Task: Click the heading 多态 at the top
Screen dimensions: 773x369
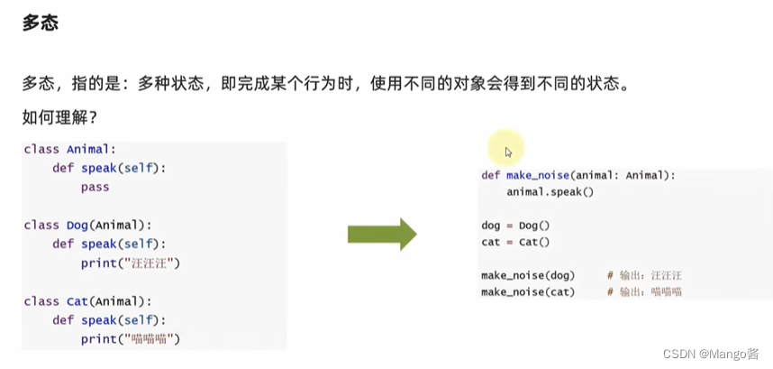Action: pyautogui.click(x=41, y=23)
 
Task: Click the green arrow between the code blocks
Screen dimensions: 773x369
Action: pyautogui.click(x=382, y=234)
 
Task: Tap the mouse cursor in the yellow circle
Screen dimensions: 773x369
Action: pyautogui.click(x=508, y=152)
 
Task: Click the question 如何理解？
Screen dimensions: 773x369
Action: pyautogui.click(x=59, y=117)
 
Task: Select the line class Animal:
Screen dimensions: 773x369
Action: pyautogui.click(x=70, y=149)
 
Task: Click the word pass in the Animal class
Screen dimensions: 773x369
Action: pyautogui.click(x=95, y=187)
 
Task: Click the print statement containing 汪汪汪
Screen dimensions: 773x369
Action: pyautogui.click(x=131, y=263)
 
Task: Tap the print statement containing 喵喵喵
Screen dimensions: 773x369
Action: pyautogui.click(x=131, y=339)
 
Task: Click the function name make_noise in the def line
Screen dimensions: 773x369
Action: pyautogui.click(x=537, y=175)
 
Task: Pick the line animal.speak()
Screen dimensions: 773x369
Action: pyautogui.click(x=550, y=191)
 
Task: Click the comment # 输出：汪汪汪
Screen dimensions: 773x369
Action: pyautogui.click(x=644, y=274)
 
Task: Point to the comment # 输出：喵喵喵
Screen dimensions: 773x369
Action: pyautogui.click(x=644, y=291)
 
